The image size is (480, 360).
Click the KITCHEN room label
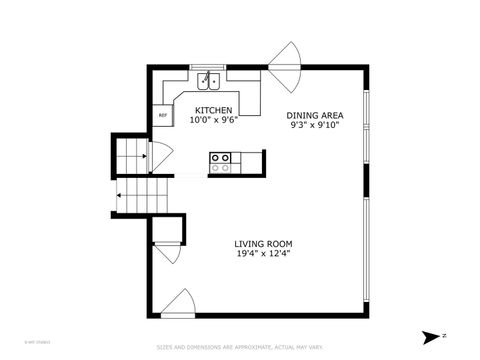tap(214, 110)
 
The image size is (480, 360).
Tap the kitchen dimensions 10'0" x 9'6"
tap(213, 119)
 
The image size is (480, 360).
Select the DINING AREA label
tap(315, 115)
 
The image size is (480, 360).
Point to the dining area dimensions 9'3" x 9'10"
tap(315, 125)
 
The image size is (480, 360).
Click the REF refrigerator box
tap(163, 115)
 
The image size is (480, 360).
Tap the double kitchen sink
tap(209, 81)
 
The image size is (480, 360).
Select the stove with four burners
tap(221, 162)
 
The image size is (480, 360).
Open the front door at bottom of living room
tap(178, 301)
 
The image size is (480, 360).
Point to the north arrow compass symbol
tap(433, 336)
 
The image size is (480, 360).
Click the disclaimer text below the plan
tap(239, 348)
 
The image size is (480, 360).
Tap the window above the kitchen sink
tap(210, 67)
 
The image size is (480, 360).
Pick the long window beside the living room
tap(368, 250)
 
